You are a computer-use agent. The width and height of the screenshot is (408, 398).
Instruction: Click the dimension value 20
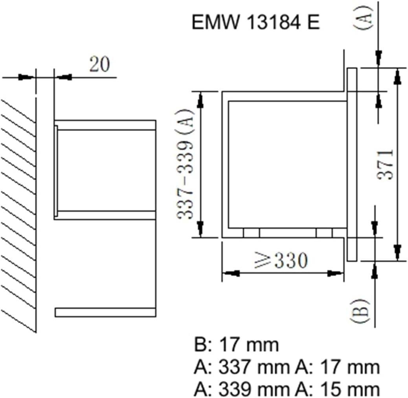[x=100, y=64]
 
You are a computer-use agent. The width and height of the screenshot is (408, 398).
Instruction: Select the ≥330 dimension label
[x=281, y=260]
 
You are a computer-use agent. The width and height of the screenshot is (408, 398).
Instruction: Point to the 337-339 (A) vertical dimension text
[x=185, y=164]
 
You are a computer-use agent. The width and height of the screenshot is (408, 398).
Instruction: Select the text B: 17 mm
[x=236, y=345]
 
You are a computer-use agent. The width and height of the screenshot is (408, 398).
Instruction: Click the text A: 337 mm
[x=241, y=367]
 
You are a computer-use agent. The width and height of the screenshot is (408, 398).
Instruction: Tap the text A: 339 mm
[x=241, y=389]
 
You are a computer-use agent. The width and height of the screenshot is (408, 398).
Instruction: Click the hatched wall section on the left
[x=18, y=215]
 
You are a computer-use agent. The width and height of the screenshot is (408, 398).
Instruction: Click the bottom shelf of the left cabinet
[x=105, y=312]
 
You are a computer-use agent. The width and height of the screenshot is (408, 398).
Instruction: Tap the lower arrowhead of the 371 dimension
[x=397, y=252]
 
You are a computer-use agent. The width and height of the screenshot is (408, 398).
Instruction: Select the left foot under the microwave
[x=252, y=233]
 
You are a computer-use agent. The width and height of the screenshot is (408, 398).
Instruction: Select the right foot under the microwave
[x=325, y=233]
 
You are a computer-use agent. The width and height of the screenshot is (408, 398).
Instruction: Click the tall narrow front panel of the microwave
[x=353, y=165]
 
